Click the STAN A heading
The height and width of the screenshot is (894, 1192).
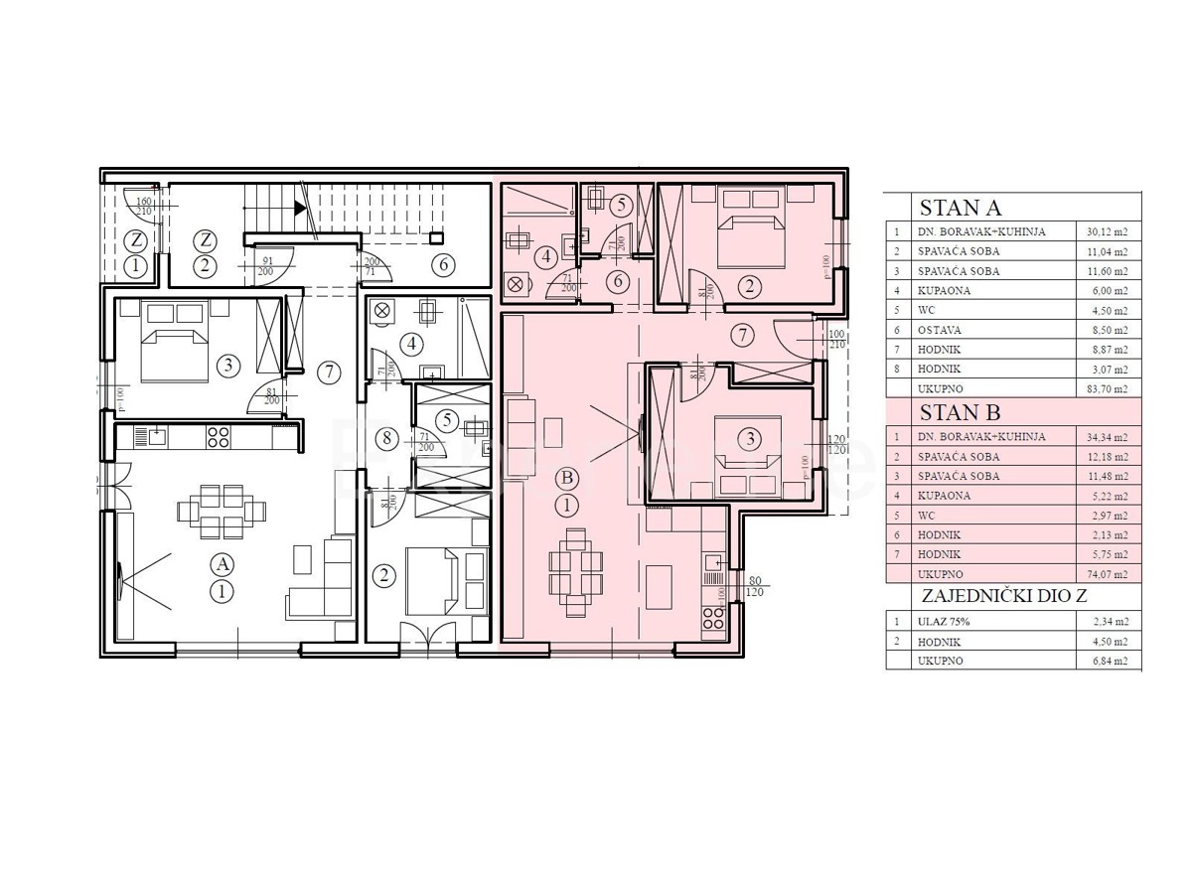point(960,209)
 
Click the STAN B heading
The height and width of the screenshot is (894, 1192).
point(960,412)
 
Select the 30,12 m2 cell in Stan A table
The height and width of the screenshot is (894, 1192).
point(1108,232)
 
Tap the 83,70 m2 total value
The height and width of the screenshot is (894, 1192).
point(1108,388)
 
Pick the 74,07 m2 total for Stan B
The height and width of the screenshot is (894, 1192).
point(1108,574)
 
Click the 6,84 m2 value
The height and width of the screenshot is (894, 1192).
point(1108,661)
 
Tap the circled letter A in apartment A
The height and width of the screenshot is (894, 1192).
point(223,564)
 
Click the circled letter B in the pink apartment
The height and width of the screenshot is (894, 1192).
point(567,478)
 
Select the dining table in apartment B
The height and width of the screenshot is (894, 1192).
point(576,569)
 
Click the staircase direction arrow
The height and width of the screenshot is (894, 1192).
point(300,208)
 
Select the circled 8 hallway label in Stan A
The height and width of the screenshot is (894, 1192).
point(389,437)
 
